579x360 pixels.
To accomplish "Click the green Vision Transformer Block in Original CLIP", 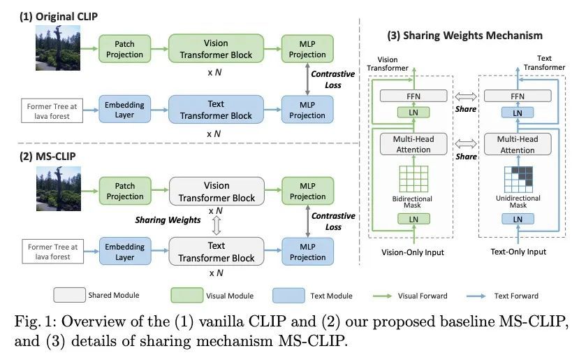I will (216, 49).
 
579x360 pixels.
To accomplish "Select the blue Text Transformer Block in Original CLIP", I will (216, 110).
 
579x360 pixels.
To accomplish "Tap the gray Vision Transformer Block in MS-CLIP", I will (216, 191).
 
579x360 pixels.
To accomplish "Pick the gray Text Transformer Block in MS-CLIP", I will (216, 252).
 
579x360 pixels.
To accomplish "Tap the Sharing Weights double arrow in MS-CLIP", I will (217, 224).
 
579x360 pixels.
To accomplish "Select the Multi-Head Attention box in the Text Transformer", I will (517, 144).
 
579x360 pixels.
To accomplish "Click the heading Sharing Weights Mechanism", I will (464, 35).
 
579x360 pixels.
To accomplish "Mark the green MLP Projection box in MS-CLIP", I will (307, 191).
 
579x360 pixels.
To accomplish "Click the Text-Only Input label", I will (518, 251).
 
